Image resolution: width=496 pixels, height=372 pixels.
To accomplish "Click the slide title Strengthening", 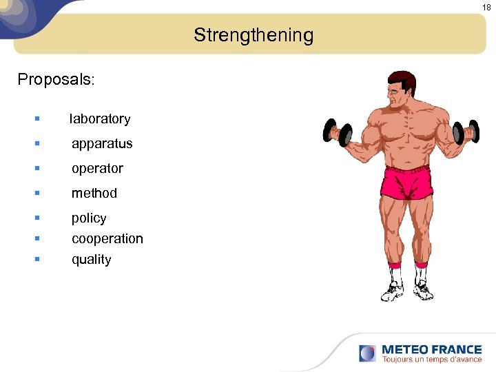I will tap(253, 35).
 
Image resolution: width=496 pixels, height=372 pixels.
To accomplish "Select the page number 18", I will tap(486, 7).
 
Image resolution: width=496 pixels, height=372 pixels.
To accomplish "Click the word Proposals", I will tap(56, 79).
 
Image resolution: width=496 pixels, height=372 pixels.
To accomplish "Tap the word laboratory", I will tap(100, 119).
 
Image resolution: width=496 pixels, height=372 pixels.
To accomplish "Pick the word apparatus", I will tap(102, 144).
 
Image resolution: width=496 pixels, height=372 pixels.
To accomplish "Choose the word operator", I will tap(97, 169).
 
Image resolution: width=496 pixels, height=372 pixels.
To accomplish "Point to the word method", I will tap(94, 194).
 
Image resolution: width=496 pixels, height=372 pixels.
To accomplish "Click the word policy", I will tap(89, 218).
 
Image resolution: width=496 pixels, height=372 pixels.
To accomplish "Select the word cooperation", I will tap(107, 239).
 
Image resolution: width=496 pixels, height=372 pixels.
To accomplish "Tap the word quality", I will tap(91, 260).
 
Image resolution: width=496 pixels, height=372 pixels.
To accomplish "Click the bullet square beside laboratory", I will tap(37, 118).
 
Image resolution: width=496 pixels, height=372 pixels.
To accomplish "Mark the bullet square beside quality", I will tap(37, 259).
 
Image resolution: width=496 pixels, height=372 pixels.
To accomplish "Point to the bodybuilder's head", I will tap(400, 88).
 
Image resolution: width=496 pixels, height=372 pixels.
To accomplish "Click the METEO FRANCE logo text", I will tap(431, 349).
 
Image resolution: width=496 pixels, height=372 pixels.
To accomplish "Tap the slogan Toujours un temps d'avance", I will tap(432, 360).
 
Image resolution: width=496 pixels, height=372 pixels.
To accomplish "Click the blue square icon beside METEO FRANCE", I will tap(367, 353).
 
